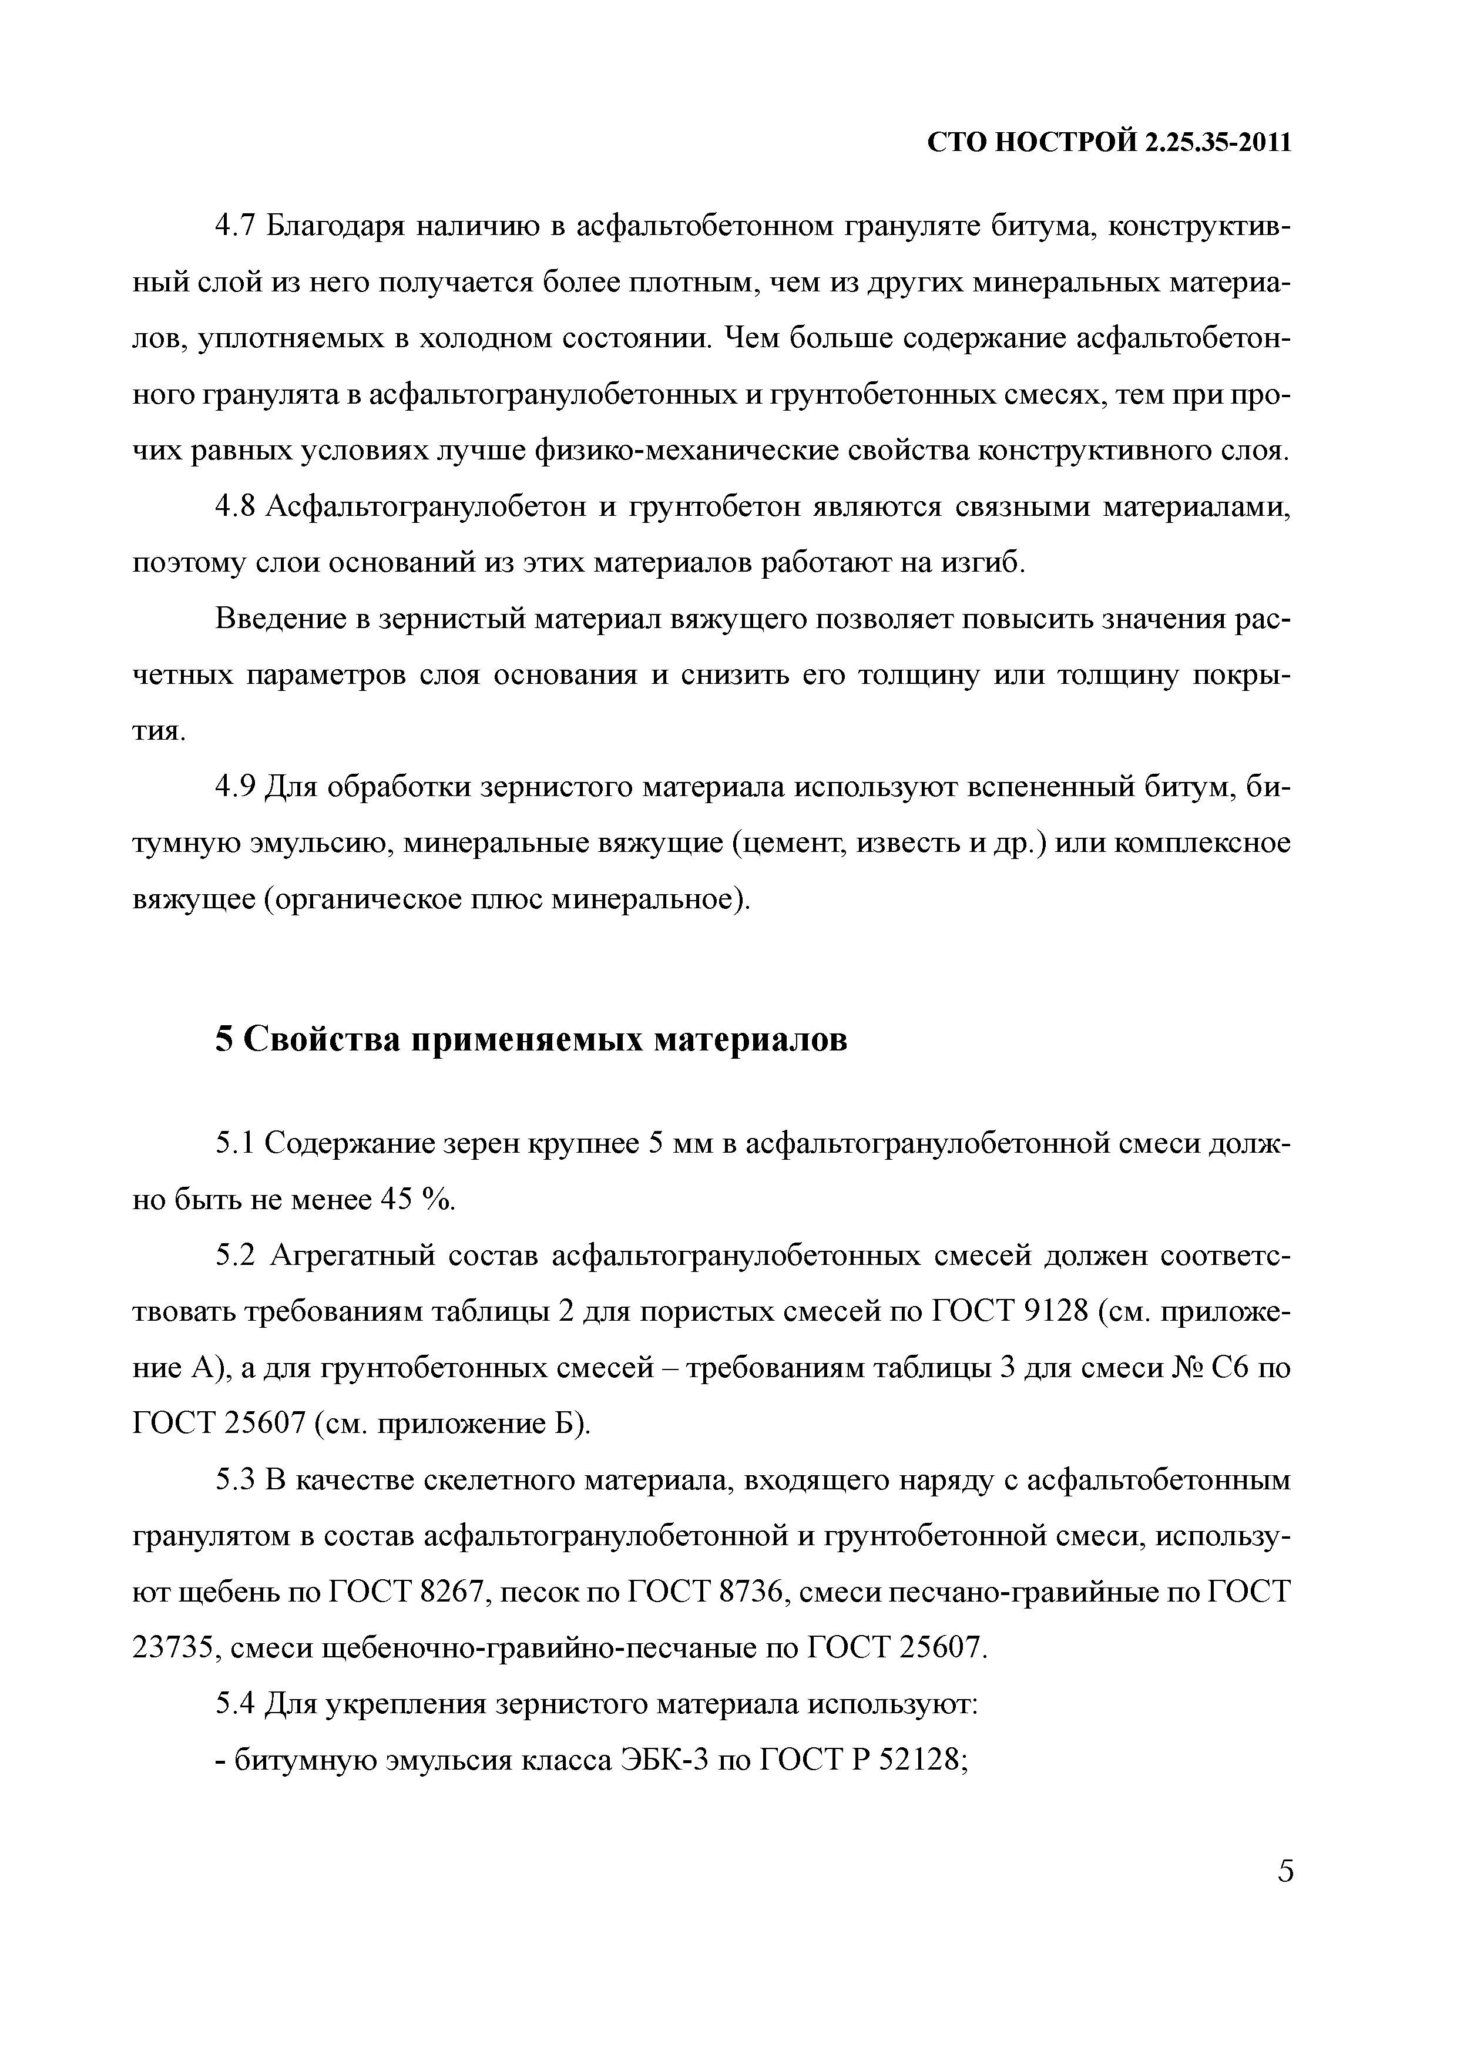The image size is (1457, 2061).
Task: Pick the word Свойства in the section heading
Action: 318,1039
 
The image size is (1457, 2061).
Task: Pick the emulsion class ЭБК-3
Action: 664,1760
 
